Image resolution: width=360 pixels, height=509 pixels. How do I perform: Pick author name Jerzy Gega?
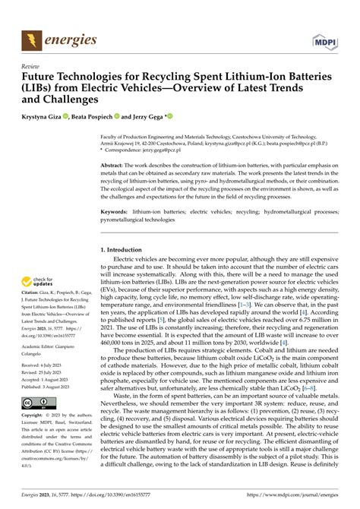pos(148,116)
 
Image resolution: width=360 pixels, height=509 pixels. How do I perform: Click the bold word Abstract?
pos(113,164)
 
